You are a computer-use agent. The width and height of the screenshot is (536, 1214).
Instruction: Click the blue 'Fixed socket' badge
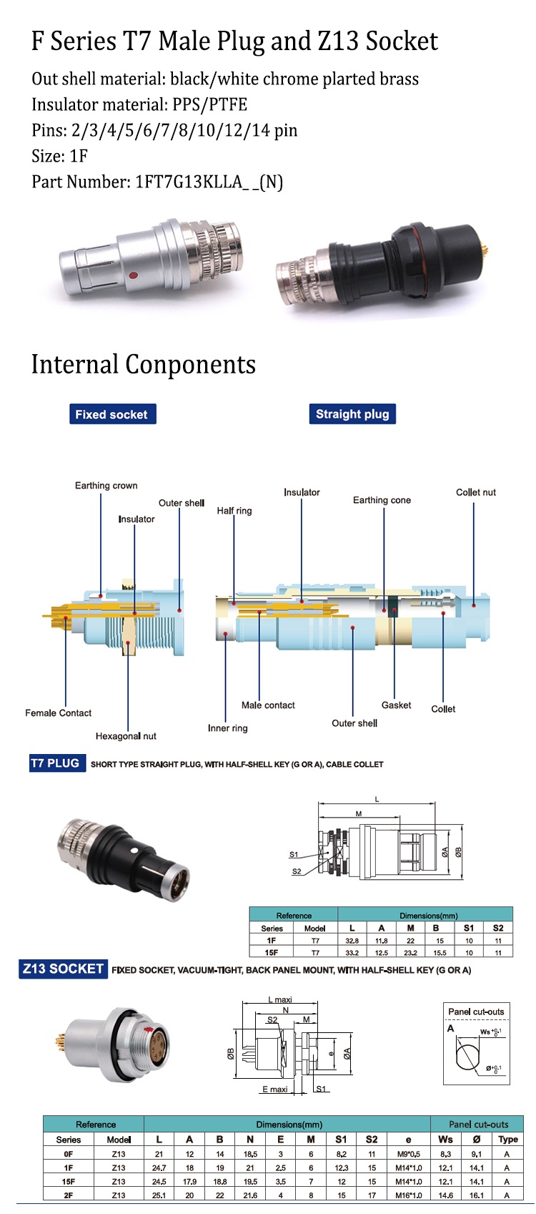(x=112, y=414)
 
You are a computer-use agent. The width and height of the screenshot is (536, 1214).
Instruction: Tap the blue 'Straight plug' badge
(x=352, y=414)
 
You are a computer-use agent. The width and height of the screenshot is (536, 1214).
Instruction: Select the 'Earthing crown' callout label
(x=106, y=486)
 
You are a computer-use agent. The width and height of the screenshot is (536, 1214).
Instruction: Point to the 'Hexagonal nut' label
(x=126, y=736)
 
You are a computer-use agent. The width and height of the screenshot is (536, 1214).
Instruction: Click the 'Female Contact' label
(x=58, y=713)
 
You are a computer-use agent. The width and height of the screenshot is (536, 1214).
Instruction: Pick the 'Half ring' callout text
(x=234, y=511)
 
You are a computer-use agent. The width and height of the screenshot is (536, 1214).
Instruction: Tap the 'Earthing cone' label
(x=382, y=501)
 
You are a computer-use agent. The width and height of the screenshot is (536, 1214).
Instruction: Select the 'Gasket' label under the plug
(x=396, y=705)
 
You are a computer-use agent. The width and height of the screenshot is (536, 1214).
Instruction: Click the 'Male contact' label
(x=268, y=705)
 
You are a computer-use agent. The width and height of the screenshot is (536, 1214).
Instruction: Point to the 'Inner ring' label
(x=227, y=728)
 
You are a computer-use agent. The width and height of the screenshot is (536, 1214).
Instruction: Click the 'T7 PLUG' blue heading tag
(x=55, y=763)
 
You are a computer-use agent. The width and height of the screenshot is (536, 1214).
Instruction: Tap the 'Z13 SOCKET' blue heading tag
(x=63, y=969)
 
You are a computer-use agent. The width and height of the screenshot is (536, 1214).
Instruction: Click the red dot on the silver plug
(x=131, y=274)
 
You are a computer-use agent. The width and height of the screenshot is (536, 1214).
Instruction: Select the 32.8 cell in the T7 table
(x=352, y=941)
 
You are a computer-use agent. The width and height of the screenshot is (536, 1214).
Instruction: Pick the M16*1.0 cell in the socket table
(x=408, y=1195)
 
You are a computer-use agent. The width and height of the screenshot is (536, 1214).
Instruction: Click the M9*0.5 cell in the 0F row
(x=408, y=1154)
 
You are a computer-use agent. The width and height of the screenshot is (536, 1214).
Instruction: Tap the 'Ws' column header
(x=445, y=1140)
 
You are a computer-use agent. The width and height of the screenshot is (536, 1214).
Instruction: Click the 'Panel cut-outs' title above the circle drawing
(x=476, y=1012)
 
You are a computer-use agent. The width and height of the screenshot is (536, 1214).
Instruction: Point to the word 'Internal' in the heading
(x=74, y=365)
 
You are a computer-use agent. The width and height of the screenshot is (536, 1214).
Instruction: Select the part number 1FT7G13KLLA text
(x=189, y=182)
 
